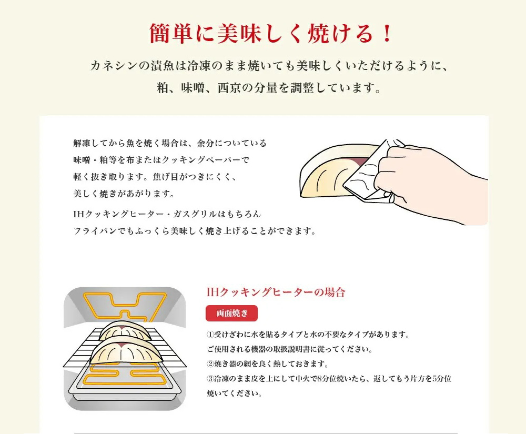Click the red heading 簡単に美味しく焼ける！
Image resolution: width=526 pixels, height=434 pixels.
(263, 34)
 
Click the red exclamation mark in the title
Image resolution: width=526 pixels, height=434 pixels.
(386, 34)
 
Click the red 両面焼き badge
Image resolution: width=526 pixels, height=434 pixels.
(231, 313)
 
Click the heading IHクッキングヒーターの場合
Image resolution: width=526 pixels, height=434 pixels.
(276, 292)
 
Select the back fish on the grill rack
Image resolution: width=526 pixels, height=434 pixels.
(126, 329)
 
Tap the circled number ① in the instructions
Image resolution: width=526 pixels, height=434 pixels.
(209, 335)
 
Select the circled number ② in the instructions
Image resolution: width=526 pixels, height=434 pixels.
(209, 364)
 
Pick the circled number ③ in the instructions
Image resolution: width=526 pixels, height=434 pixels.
(209, 379)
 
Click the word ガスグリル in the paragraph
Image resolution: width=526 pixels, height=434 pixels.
(199, 215)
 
